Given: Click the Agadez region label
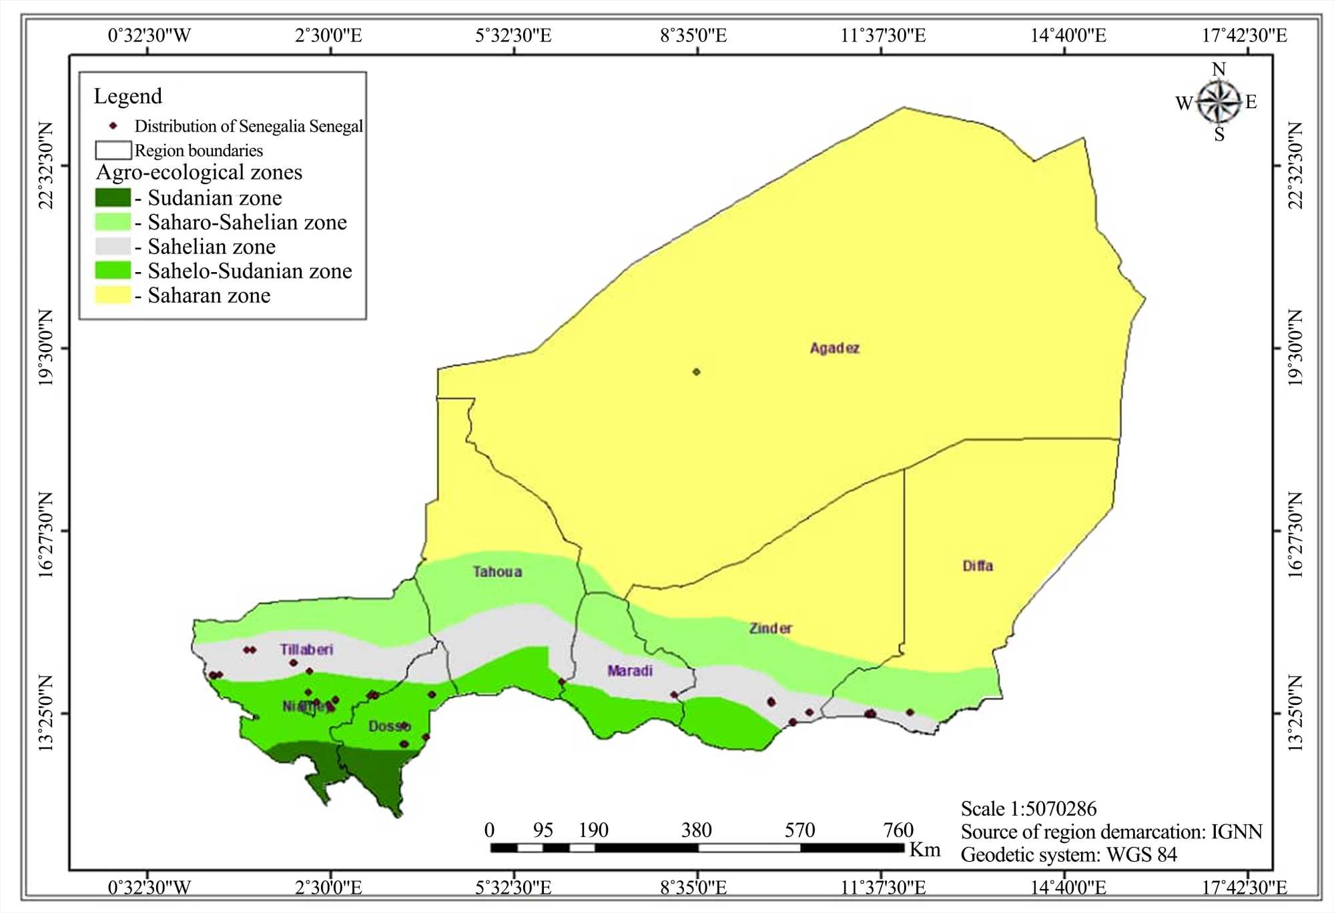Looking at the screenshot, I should pos(834,348).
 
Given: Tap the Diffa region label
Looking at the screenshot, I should pos(978,566).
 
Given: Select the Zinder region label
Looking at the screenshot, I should pos(770,628).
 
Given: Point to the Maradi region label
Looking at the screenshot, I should pos(629,671).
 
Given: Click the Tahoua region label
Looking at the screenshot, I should pos(497,572).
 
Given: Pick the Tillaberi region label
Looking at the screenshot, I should pos(306,650).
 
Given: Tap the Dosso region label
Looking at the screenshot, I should pos(389,726).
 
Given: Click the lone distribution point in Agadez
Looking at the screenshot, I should pos(696,372).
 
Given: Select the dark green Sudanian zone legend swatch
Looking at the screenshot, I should pos(113,198).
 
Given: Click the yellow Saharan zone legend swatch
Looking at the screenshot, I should pos(113,295).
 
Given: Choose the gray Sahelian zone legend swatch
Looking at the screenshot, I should pos(113,247).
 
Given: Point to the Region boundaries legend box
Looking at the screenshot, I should pos(113,150).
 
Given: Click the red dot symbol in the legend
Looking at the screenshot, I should pos(113,126).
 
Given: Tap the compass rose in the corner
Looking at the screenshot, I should pos(1219,102).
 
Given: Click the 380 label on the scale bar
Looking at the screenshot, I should pos(696,830).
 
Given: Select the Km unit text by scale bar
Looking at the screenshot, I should pos(925,850).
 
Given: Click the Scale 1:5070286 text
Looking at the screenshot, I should pos(1028,809).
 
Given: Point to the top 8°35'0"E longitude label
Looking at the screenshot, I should pos(693,35).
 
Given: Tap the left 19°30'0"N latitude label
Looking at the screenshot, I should pos(45,347).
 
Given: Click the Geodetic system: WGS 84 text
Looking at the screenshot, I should pos(1068,855).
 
